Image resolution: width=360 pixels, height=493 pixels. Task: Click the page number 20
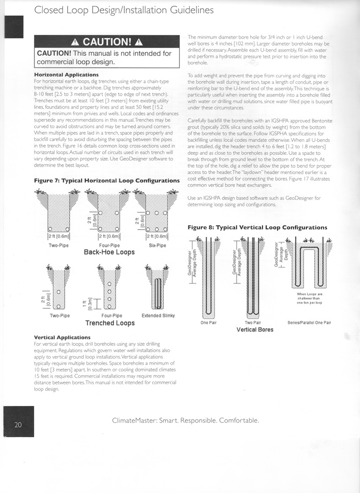[x=18, y=425]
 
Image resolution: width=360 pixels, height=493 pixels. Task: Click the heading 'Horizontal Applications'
[x=66, y=74]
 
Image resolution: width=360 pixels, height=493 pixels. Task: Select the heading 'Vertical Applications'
[x=62, y=337]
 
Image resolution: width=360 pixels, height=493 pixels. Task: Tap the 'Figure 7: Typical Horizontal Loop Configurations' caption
[x=107, y=181]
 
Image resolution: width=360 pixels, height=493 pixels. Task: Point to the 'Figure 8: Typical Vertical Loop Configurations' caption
[x=257, y=227]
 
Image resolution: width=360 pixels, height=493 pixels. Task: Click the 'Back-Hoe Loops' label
[x=109, y=252]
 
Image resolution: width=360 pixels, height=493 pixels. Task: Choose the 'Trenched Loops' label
[x=110, y=323]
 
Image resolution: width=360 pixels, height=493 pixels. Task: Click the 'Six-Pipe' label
[x=157, y=245]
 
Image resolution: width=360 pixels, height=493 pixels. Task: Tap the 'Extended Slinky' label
[x=158, y=315]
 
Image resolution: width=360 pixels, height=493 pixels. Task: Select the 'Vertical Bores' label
[x=255, y=330]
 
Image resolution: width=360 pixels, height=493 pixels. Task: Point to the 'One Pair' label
[x=208, y=323]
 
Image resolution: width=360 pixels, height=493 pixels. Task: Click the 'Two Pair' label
[x=253, y=323]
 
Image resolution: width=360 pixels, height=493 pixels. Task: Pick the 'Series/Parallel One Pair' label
[x=309, y=323]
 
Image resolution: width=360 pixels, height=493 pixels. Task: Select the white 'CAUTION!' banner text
[x=107, y=42]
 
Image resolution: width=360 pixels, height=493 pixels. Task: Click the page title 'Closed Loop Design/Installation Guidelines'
[x=124, y=10]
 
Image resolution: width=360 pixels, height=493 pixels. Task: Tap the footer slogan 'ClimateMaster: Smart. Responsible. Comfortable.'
[x=185, y=420]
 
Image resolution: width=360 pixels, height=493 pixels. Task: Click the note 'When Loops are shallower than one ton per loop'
[x=309, y=298]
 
